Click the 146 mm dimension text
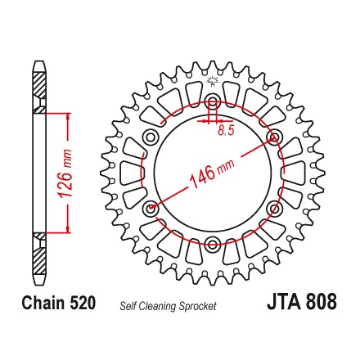coord(212,173)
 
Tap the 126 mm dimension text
coord(65,173)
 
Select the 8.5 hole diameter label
coord(226,131)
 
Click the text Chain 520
coord(59,303)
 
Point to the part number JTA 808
coord(302,301)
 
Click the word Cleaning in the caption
coord(158,307)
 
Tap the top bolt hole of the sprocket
coord(212,100)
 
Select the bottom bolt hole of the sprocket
coord(212,243)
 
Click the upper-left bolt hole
coord(151,136)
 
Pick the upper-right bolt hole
coord(274,136)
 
